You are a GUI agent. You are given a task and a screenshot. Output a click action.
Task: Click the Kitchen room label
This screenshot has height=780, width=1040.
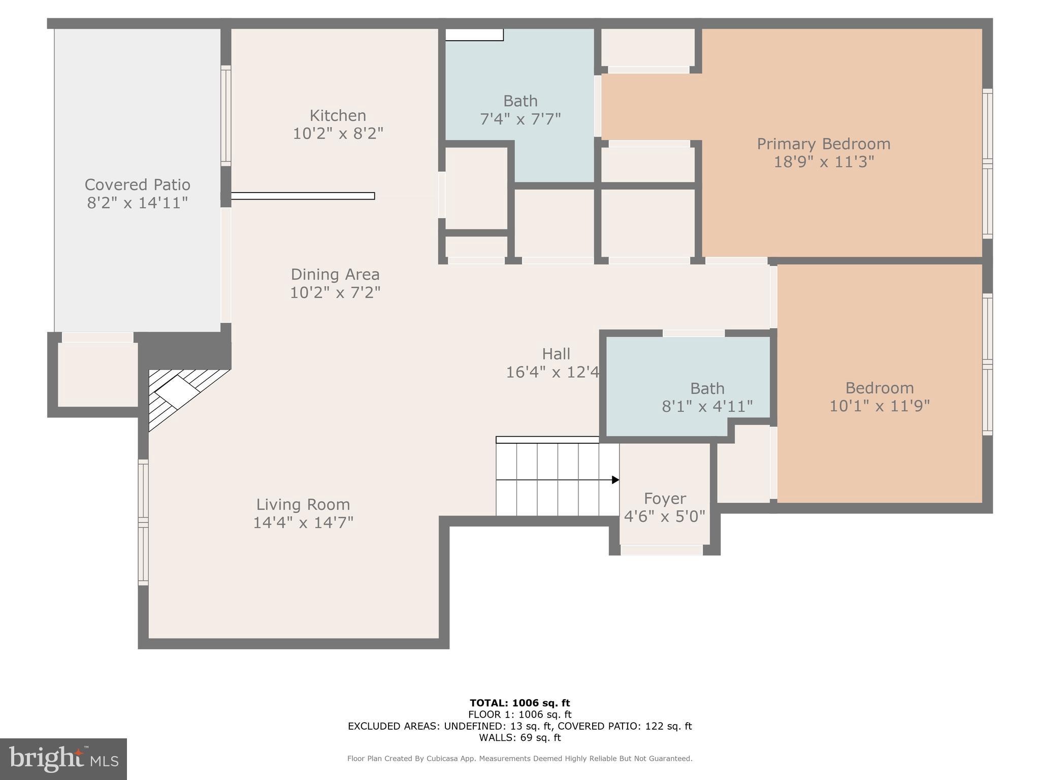(x=338, y=115)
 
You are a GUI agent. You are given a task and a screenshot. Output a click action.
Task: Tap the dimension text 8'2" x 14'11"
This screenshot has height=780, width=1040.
(x=138, y=203)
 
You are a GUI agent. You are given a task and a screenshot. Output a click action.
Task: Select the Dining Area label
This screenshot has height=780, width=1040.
(x=335, y=275)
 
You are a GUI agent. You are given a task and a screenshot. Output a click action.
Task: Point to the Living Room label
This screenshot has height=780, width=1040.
(x=303, y=504)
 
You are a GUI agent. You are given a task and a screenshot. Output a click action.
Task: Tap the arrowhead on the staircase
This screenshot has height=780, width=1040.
(x=615, y=480)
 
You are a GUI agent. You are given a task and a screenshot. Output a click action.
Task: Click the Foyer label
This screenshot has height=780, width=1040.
(x=665, y=499)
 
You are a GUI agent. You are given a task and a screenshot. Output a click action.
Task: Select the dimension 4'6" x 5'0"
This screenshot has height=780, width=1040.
(x=665, y=517)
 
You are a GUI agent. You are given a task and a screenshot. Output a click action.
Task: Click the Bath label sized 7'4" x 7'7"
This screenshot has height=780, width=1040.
(x=520, y=101)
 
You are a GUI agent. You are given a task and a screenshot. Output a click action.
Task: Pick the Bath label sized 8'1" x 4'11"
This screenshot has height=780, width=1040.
(x=707, y=388)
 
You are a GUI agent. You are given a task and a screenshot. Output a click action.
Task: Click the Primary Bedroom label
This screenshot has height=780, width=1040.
(x=824, y=144)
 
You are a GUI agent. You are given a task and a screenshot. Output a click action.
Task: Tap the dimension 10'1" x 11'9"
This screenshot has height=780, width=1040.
(x=880, y=406)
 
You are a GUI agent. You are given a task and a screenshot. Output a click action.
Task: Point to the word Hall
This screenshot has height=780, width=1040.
(x=556, y=354)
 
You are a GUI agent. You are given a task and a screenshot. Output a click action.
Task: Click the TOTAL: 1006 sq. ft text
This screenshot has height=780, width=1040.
(x=519, y=703)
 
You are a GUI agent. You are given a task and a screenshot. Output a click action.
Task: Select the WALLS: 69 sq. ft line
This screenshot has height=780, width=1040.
(x=519, y=738)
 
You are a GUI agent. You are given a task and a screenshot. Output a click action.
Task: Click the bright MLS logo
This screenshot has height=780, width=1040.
(x=63, y=759)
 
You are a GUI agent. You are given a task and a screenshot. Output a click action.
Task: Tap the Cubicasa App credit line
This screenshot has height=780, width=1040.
(x=519, y=759)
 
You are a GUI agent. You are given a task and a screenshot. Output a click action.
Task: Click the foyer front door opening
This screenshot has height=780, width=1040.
(x=662, y=550)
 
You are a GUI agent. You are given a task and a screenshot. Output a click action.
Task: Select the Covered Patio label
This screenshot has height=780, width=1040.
(x=138, y=184)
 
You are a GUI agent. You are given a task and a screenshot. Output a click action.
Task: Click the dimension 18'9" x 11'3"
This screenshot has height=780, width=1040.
(x=824, y=162)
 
